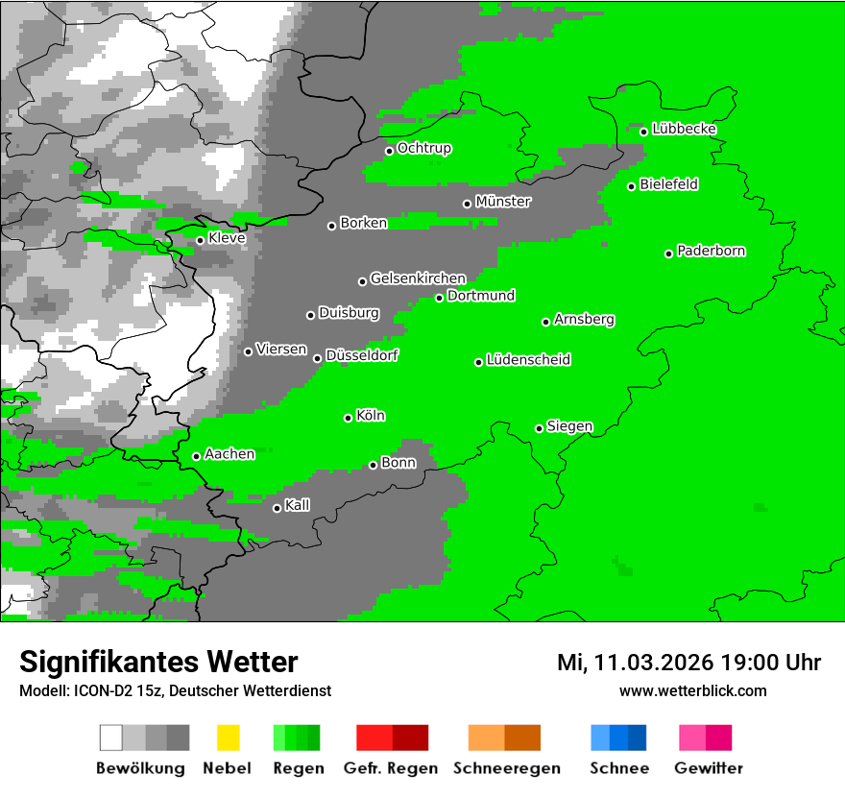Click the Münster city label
click(503, 202)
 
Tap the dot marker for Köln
click(349, 418)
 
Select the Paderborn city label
click(712, 251)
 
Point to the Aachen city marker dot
click(197, 456)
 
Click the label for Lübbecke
click(685, 129)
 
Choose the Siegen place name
click(569, 426)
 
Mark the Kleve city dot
click(201, 240)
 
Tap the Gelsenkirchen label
click(418, 278)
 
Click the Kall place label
click(298, 505)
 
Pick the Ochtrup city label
click(424, 148)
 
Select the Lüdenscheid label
click(528, 360)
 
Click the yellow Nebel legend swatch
click(228, 737)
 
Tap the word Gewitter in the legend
click(709, 768)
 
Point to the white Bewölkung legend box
click(111, 737)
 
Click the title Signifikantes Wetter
click(158, 662)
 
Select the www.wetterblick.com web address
click(692, 690)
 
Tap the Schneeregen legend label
click(506, 768)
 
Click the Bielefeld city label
click(669, 184)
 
